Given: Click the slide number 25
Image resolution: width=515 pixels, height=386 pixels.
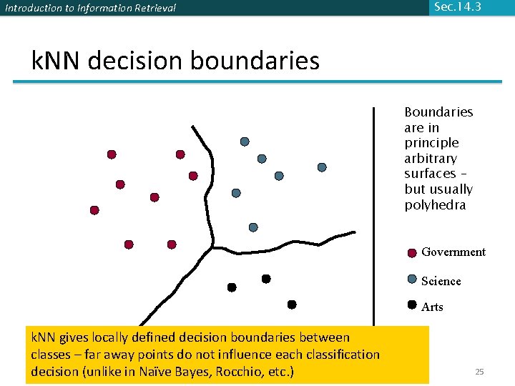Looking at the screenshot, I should tap(479, 372).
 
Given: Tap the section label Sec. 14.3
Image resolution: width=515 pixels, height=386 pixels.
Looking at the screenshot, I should tap(457, 6).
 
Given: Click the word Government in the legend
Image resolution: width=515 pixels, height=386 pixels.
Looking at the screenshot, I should tap(453, 252).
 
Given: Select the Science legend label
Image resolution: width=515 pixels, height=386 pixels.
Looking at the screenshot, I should tap(441, 281).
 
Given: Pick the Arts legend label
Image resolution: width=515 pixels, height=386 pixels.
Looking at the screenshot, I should tap(432, 307).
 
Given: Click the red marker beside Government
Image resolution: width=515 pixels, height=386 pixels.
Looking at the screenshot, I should tap(412, 252).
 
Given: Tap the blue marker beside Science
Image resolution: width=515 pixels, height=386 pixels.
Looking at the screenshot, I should tap(412, 279).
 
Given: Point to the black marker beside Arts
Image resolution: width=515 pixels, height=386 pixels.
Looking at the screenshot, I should tap(412, 305).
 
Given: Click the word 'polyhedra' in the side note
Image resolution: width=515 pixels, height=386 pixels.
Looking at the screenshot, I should tap(435, 205).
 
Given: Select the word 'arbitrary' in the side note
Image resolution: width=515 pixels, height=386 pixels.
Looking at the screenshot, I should tap(431, 158).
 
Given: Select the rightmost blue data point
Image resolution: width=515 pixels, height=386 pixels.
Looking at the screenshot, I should tap(322, 167).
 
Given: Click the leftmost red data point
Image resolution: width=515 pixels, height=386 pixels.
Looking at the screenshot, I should tap(94, 210).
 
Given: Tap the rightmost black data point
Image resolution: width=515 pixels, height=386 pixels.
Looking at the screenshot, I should tap(292, 305).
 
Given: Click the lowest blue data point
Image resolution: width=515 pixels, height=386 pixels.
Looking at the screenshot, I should tap(253, 227).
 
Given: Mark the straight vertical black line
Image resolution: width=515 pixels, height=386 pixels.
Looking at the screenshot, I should tap(373, 214).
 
